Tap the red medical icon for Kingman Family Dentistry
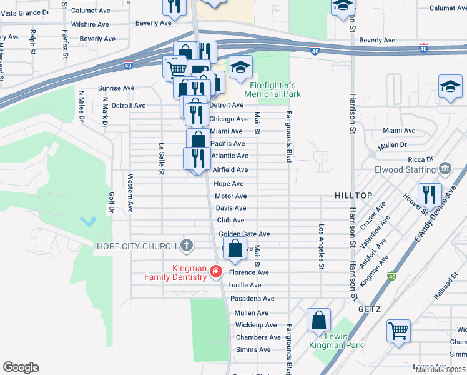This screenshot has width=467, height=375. [216, 271]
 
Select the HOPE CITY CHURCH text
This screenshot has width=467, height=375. [137, 246]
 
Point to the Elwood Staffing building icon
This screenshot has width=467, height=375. [445, 168]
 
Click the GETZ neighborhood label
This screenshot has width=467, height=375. [370, 309]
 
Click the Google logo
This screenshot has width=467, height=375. [21, 367]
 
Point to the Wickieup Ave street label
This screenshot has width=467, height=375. [256, 325]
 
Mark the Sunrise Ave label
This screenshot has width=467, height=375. [116, 88]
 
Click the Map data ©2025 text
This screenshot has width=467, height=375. [440, 370]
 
